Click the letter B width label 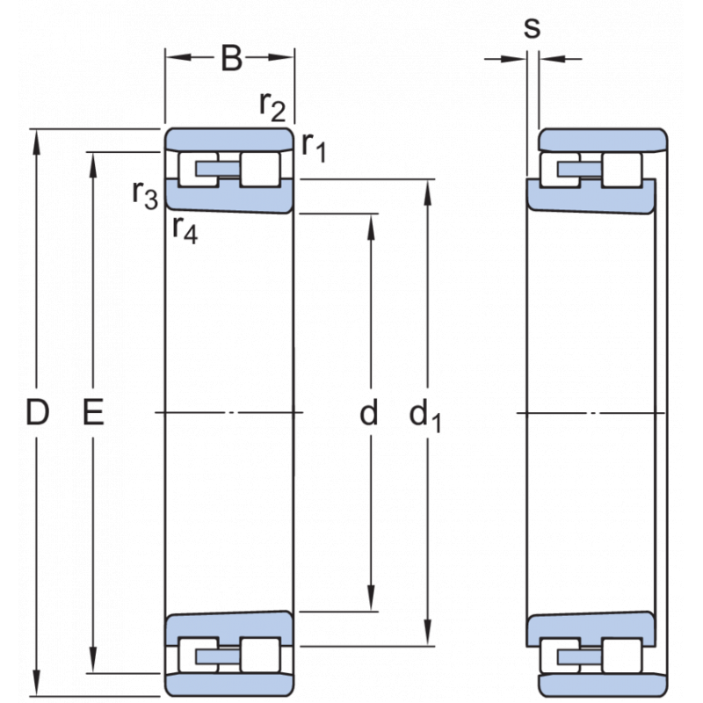[230, 59]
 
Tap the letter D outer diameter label [36, 412]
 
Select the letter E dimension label [92, 412]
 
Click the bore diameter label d [370, 412]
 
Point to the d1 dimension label [425, 414]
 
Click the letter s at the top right [532, 28]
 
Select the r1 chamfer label [313, 146]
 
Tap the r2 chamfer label [272, 105]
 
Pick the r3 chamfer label [145, 193]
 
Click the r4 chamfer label [185, 229]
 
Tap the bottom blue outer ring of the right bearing [603, 684]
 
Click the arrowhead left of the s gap [516, 59]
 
